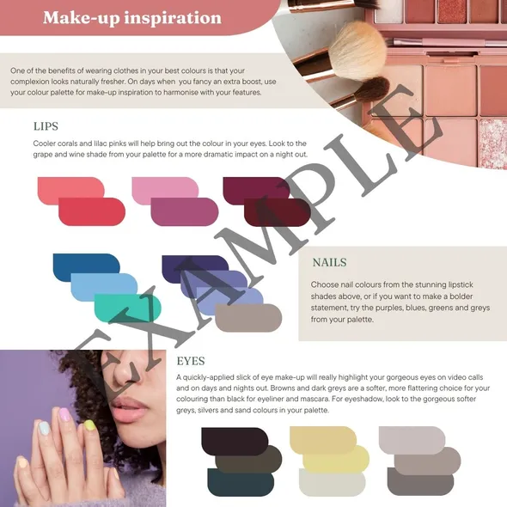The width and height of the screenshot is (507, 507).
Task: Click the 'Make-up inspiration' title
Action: [132, 17]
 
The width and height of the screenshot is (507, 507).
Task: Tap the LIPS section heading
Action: [46, 126]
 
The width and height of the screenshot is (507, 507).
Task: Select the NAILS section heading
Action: [329, 262]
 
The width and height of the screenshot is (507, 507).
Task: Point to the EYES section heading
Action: [191, 361]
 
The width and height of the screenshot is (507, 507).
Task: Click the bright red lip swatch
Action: [92, 211]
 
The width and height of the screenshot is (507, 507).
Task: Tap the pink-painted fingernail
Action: [64, 414]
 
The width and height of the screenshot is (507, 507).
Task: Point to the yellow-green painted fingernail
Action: [89, 425]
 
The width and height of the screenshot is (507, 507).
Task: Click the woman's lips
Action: [128, 409]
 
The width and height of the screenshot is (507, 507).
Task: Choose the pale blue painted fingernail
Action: [43, 428]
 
